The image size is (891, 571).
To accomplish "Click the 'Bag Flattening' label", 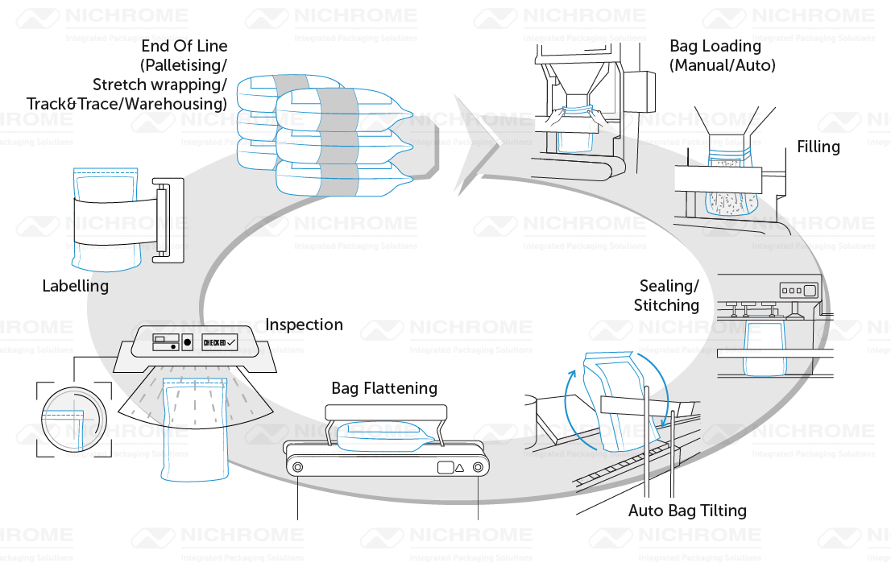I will point(384,388).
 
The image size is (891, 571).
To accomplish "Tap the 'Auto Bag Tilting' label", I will point(687,511).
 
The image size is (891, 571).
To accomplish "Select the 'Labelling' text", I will point(75,285).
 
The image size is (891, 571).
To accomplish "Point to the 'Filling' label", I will point(818,147).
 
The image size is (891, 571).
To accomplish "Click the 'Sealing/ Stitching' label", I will point(668,296).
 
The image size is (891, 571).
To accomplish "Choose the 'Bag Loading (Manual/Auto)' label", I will point(722,56).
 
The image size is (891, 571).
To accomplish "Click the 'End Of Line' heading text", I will point(184,46).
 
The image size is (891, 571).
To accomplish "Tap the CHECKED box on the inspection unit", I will point(220,341).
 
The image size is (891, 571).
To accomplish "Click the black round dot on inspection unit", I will point(188,341).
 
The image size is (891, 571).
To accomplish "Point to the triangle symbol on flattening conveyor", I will point(459,467).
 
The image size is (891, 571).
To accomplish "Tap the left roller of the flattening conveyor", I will point(298,467).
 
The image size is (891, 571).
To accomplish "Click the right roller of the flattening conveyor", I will point(479,467).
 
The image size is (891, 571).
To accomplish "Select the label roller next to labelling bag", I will point(165,219).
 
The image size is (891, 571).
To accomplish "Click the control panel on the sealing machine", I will point(798,290).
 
